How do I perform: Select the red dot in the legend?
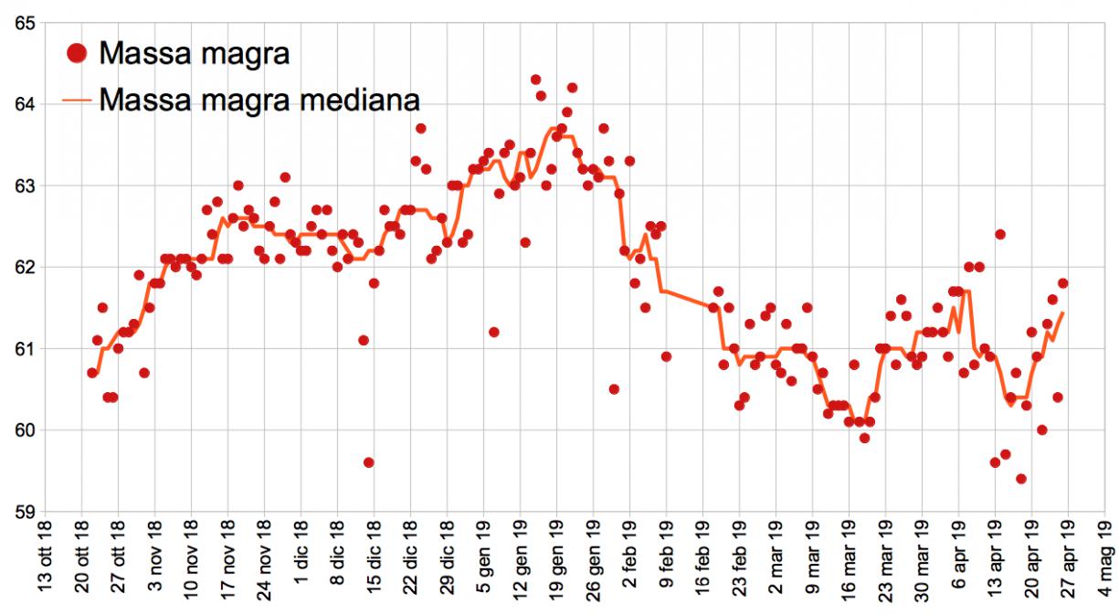tap(78, 53)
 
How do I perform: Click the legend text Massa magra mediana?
tap(259, 98)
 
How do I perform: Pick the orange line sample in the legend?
tap(78, 98)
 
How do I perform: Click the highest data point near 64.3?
tap(535, 80)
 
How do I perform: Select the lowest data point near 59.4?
tap(1021, 479)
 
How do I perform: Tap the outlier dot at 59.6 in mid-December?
tap(369, 462)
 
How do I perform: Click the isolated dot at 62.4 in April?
tap(1000, 234)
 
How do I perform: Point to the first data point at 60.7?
tap(92, 373)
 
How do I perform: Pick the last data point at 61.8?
tap(1062, 283)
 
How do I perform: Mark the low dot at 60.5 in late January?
tap(614, 389)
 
